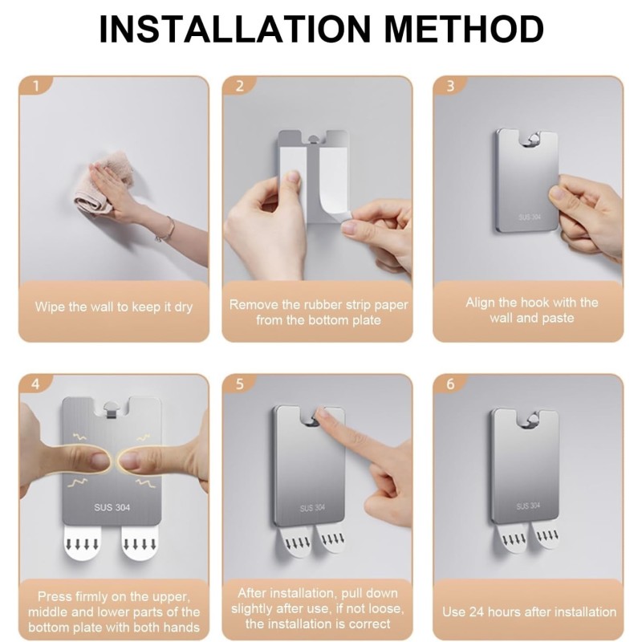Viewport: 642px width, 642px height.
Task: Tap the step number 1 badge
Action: [35, 85]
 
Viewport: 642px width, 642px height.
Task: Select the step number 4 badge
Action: [35, 383]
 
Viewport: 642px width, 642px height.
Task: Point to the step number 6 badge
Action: [450, 383]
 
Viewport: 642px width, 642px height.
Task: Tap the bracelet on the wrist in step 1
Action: [166, 230]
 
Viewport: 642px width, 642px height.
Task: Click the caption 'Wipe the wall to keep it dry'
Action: [114, 307]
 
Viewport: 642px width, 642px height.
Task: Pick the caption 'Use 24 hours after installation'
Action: [530, 612]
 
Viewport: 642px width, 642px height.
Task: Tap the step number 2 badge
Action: [240, 85]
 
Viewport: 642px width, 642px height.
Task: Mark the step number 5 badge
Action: [240, 383]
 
